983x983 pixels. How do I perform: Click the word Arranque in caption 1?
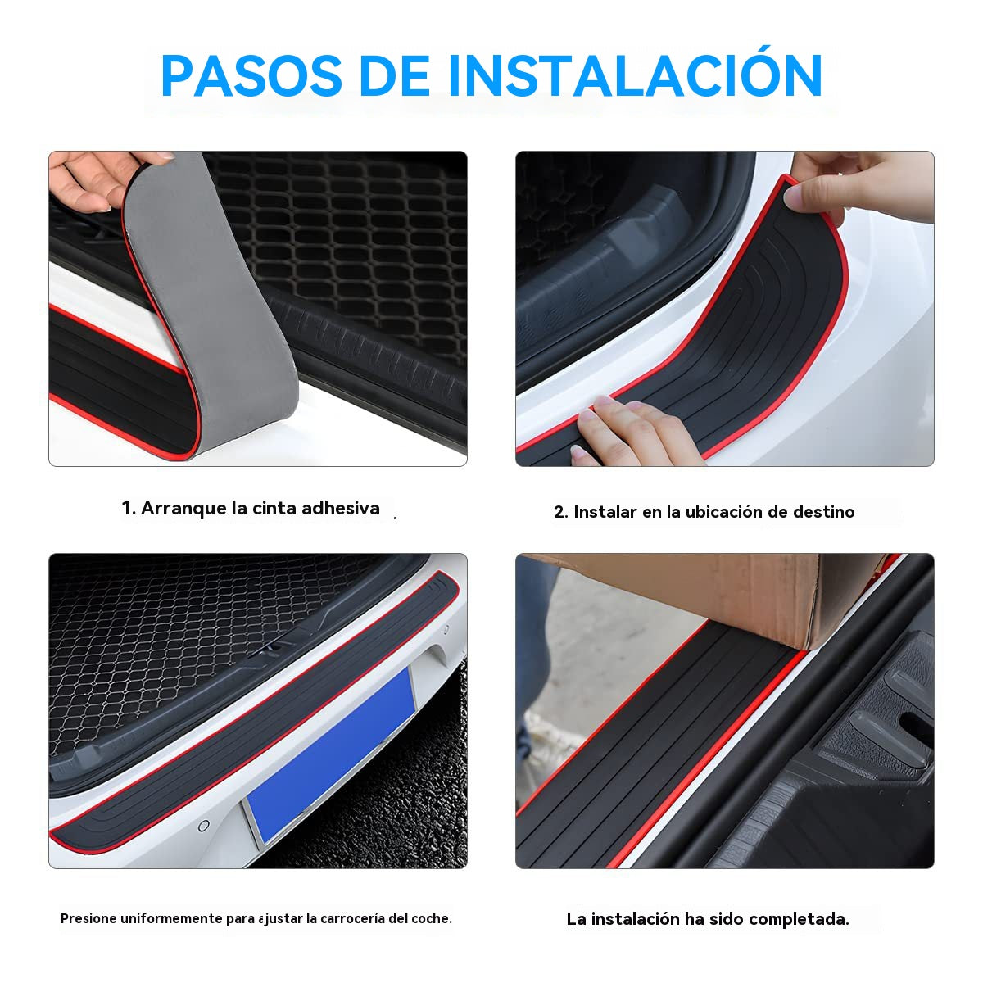(x=184, y=509)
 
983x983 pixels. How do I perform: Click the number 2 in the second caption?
(x=559, y=512)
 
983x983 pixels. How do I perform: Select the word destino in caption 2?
(x=823, y=512)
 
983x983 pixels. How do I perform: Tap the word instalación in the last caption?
(x=635, y=919)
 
